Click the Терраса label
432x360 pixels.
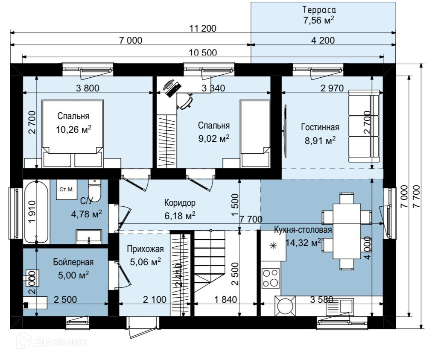click(319, 10)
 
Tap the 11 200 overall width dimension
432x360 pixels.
click(203, 28)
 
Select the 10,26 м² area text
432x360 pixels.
click(73, 129)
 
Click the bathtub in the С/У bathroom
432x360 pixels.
click(36, 212)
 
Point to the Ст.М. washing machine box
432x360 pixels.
click(67, 190)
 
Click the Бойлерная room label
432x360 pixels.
click(73, 262)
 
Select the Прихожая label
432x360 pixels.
click(145, 249)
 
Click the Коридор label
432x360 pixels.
click(180, 203)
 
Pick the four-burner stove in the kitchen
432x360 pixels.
click(270, 278)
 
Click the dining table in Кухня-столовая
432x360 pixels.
click(347, 231)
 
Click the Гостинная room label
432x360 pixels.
click(320, 127)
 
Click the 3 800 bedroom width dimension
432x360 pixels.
click(88, 88)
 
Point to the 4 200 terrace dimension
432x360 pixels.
click(323, 41)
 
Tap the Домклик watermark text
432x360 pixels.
click(61, 342)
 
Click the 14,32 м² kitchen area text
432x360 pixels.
click(303, 243)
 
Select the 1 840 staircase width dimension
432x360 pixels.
click(225, 299)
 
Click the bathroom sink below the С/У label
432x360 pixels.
click(89, 237)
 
